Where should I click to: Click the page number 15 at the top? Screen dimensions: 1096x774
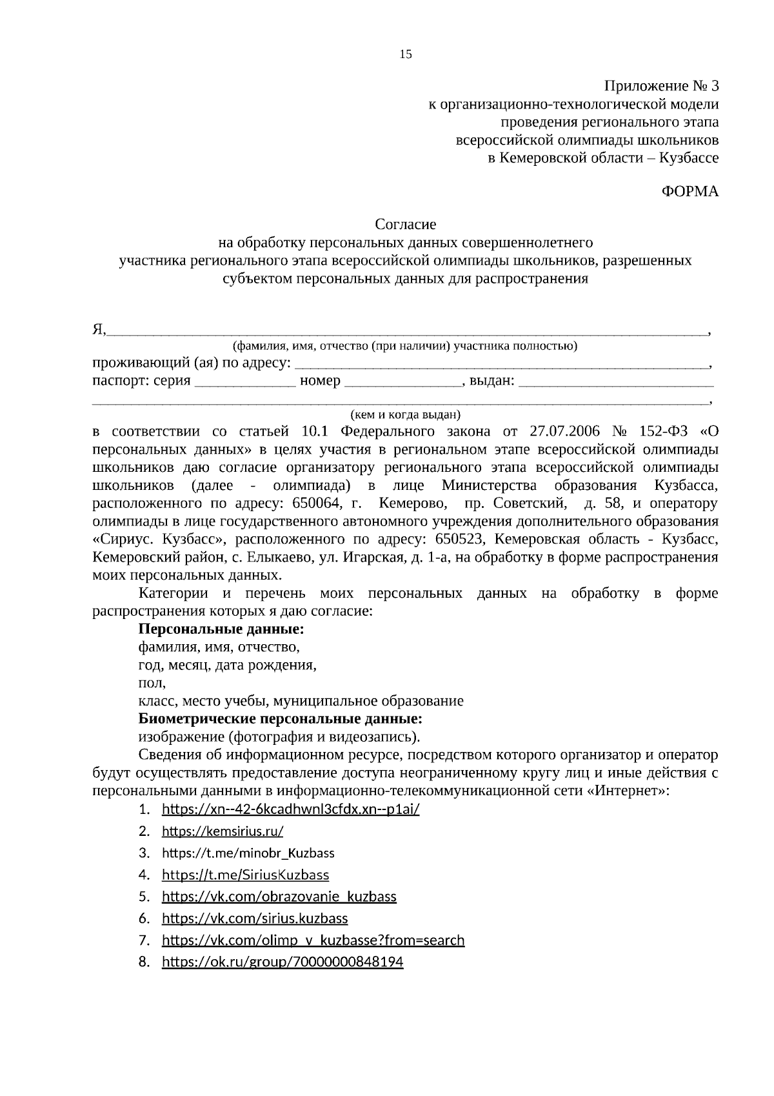406,54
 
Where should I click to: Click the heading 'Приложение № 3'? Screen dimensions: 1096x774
660,86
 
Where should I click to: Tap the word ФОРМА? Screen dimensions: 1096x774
690,192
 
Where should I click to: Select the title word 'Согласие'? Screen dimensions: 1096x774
406,225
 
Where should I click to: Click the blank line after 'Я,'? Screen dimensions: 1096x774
406,330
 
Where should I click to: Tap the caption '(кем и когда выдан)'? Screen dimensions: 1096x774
405,414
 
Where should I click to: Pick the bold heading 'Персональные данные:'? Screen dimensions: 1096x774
221,629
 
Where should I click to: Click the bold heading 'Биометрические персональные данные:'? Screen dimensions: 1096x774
281,719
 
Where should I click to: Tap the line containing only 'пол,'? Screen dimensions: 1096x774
152,683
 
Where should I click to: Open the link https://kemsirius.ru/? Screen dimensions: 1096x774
223,831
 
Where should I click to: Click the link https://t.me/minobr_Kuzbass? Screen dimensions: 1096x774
248,853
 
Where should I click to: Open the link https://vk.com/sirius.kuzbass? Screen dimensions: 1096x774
255,918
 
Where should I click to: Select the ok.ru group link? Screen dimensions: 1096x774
283,962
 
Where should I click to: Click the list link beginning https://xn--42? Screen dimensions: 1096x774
290,809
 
